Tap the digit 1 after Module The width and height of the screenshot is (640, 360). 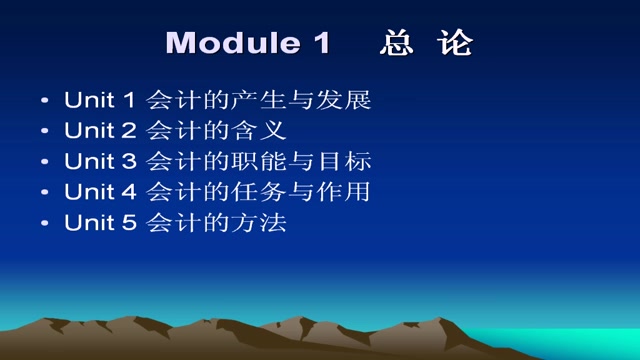click(x=320, y=43)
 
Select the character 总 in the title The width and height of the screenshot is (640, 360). click(x=397, y=43)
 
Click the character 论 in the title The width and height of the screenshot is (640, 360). click(x=455, y=43)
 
